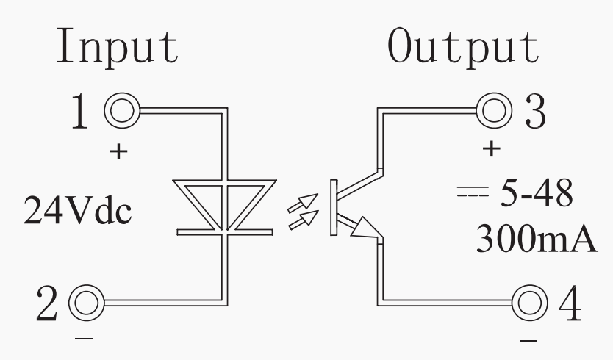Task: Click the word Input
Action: click(x=118, y=47)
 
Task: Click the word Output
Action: click(x=462, y=47)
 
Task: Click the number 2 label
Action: click(x=47, y=303)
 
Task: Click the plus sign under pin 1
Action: click(x=118, y=154)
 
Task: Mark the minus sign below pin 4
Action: click(x=528, y=340)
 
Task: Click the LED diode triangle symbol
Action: click(x=225, y=206)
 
